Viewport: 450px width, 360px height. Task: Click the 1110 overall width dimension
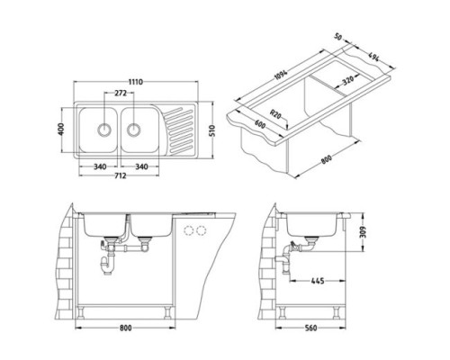tap(135, 80)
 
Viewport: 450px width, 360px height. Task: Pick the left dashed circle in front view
tap(187, 230)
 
